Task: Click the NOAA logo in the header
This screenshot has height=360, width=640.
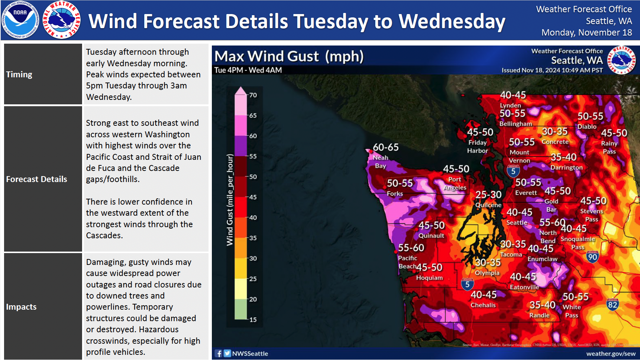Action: coord(20,20)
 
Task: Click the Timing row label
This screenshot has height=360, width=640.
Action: coord(19,74)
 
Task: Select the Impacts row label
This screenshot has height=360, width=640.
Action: coord(21,307)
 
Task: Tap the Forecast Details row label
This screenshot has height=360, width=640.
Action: coord(37,179)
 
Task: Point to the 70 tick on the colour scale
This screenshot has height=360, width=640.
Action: coord(253,95)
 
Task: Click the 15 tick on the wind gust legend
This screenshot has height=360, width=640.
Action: coord(253,320)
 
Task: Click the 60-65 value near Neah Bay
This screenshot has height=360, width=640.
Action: coord(386,147)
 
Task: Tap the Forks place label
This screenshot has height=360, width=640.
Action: coord(395,194)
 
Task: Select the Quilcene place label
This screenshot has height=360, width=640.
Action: coord(488,205)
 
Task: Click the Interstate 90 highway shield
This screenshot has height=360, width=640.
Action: coord(592,257)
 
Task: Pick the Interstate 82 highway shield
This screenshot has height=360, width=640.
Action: coord(612,305)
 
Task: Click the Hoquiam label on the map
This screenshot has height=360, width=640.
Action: coord(429,277)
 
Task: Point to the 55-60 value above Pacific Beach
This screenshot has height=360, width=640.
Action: coord(411,248)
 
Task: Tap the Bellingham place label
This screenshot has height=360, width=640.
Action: coord(515,124)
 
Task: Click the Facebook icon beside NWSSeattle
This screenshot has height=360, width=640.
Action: coord(219,353)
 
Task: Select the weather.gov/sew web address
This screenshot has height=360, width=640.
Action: coord(610,354)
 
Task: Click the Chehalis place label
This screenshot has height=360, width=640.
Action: coord(483,305)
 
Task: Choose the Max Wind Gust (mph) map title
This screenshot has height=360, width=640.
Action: coord(289,56)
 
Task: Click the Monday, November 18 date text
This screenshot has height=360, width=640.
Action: coord(586,33)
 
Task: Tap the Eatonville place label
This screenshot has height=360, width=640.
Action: coord(524,287)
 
